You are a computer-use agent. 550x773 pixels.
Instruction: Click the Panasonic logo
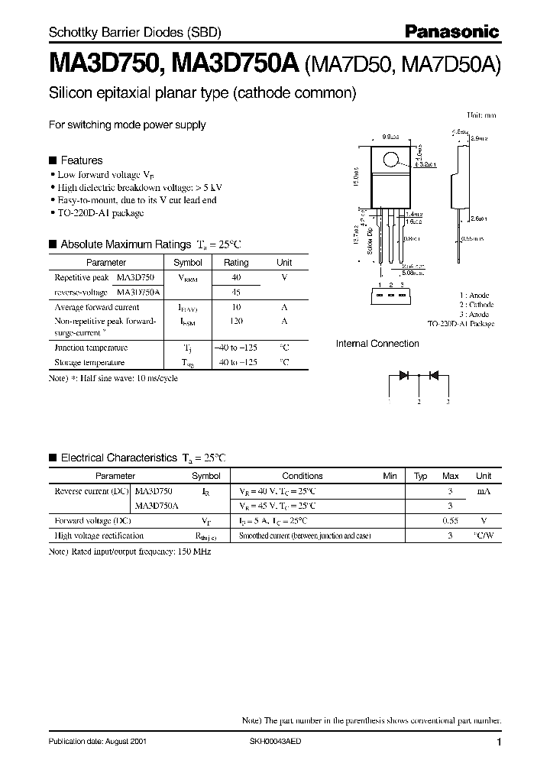pyautogui.click(x=451, y=31)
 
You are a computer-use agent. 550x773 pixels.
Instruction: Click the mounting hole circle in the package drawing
pyautogui.click(x=390, y=160)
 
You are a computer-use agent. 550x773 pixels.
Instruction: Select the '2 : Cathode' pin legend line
pyautogui.click(x=477, y=305)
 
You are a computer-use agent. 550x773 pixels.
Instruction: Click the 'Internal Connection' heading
pyautogui.click(x=377, y=344)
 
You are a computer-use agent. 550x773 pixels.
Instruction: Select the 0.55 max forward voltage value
pyautogui.click(x=451, y=520)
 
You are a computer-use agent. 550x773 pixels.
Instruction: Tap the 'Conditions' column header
pyautogui.click(x=302, y=476)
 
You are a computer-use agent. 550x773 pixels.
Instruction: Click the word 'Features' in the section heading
pyautogui.click(x=81, y=160)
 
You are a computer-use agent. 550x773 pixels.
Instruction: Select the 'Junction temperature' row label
pyautogui.click(x=90, y=348)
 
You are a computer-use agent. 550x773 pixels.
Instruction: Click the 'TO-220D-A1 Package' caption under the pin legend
pyautogui.click(x=461, y=324)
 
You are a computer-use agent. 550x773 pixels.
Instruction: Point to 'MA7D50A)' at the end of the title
pyautogui.click(x=466, y=66)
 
